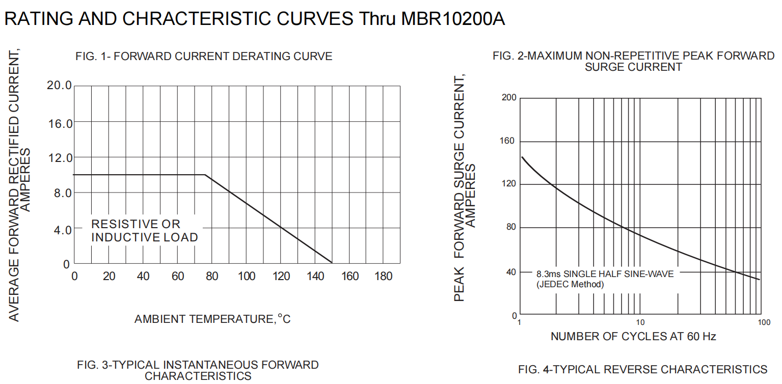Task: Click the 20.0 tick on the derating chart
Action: coord(59,86)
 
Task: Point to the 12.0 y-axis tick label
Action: coord(59,158)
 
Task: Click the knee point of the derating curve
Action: coord(205,175)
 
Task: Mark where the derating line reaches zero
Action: coord(332,263)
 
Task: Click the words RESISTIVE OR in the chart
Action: coord(136,224)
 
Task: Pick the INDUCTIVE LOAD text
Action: coord(144,237)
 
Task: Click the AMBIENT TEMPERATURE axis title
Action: coord(212,319)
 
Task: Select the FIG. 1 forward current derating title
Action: coord(203,57)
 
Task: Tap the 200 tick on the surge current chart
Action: coord(509,98)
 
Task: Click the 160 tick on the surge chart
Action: coord(509,141)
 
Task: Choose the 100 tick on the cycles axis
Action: coord(763,322)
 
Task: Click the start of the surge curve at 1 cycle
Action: coord(522,157)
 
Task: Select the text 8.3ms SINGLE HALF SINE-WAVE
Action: coord(605,274)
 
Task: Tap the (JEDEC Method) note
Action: coord(570,284)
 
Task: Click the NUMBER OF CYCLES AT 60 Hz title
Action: coord(633,337)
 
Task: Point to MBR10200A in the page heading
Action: coord(453,19)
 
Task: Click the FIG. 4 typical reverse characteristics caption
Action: coord(642,369)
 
